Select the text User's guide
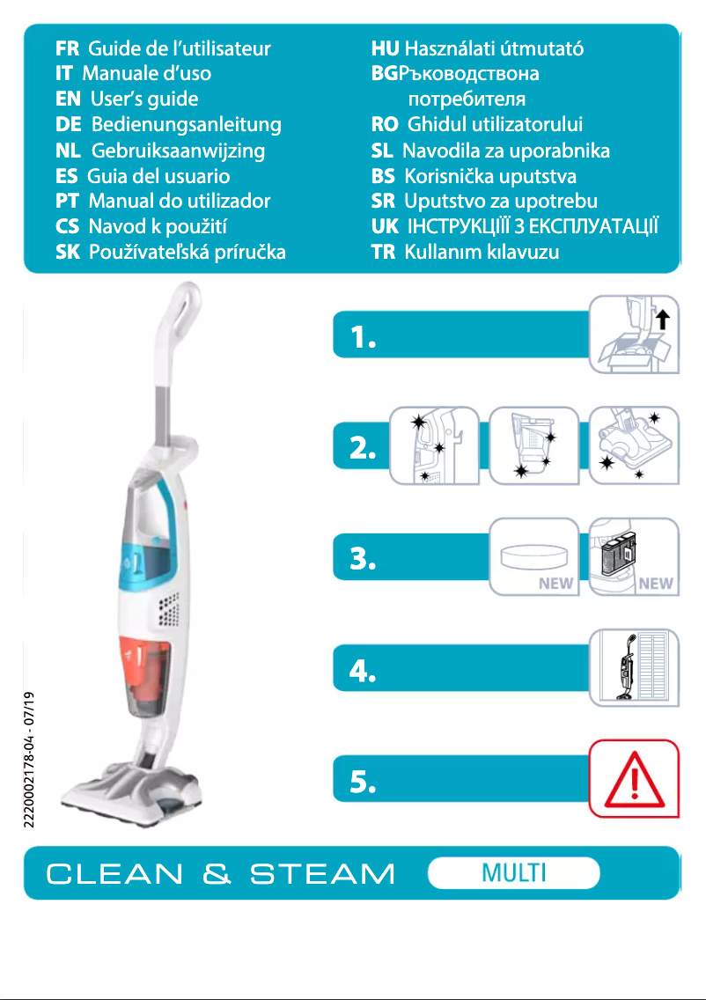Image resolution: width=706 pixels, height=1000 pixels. pyautogui.click(x=144, y=99)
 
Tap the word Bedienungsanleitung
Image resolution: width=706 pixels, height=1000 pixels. pyautogui.click(x=187, y=125)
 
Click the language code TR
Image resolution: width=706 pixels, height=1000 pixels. pyautogui.click(x=383, y=253)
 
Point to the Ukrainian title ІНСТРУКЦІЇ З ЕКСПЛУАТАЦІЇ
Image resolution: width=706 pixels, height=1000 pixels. pyautogui.click(x=533, y=227)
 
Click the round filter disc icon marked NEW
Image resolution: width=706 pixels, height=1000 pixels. pyautogui.click(x=531, y=558)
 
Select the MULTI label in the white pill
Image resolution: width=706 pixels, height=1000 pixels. pyautogui.click(x=514, y=873)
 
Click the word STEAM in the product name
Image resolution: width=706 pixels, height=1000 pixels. pyautogui.click(x=322, y=875)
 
